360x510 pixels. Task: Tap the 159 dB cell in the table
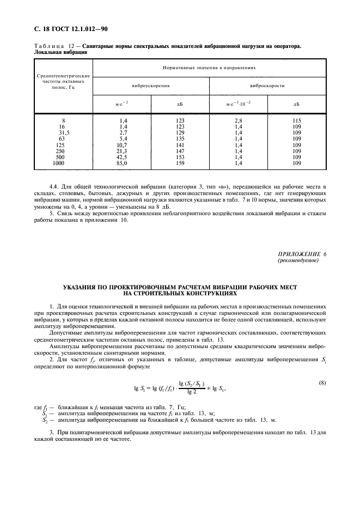pyautogui.click(x=180, y=163)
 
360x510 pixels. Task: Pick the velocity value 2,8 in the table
pyautogui.click(x=238, y=119)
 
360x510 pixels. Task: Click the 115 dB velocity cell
pyautogui.click(x=297, y=119)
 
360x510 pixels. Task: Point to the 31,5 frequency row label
pyautogui.click(x=64, y=132)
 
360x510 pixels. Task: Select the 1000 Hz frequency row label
pyautogui.click(x=58, y=163)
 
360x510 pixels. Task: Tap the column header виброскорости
pyautogui.click(x=267, y=86)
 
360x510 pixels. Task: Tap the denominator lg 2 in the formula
pyautogui.click(x=187, y=392)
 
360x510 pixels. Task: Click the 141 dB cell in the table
pyautogui.click(x=180, y=144)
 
